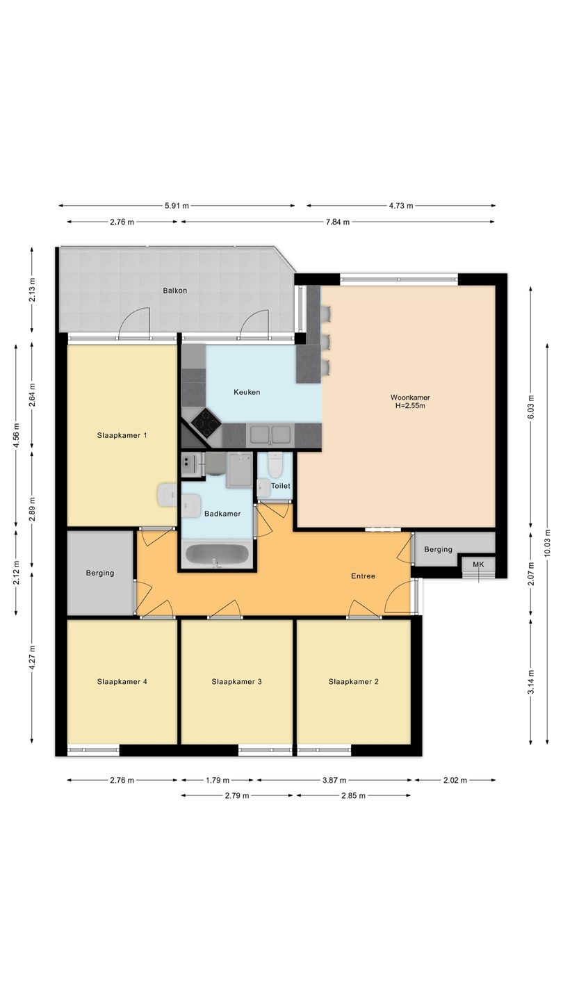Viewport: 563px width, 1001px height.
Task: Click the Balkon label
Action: coord(174,291)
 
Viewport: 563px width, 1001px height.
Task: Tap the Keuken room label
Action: coord(247,392)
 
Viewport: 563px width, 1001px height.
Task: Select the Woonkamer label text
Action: coord(410,398)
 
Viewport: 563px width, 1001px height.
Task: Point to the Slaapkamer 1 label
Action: coord(122,435)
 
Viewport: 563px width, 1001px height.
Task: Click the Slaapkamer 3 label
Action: coord(237,681)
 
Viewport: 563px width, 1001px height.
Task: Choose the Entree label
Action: coord(363,576)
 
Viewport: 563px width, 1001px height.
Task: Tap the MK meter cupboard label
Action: coord(478,564)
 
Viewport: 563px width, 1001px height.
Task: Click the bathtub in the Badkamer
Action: coord(217,554)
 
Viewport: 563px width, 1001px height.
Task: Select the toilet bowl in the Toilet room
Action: coord(275,465)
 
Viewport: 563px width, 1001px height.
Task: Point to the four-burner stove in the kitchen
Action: coord(206,423)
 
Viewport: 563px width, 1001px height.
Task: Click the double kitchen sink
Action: coord(270,434)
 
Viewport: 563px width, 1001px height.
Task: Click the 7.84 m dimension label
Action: coord(337,222)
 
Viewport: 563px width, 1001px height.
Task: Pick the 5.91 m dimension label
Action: coord(177,206)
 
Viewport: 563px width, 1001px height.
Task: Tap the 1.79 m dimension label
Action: coord(217,780)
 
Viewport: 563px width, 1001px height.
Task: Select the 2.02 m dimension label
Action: coord(455,780)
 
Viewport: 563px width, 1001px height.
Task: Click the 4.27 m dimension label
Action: coord(32,658)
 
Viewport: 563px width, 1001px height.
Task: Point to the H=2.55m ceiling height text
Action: coord(410,406)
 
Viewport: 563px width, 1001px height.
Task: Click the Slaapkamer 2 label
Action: coord(353,681)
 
